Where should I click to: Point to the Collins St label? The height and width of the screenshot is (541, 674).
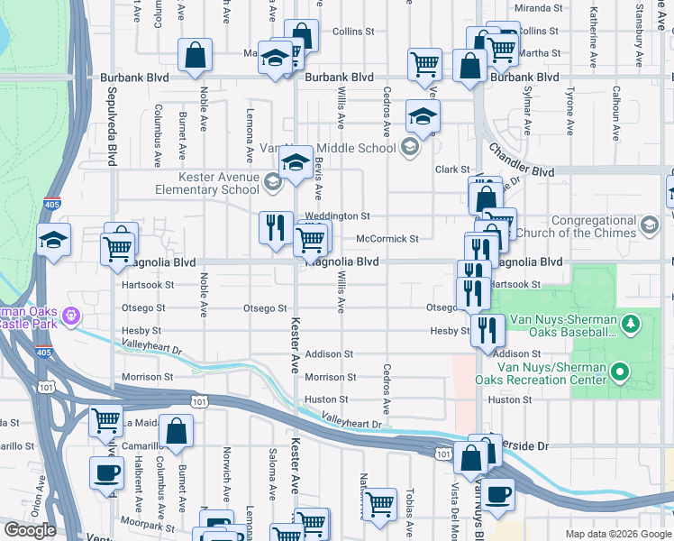(353, 32)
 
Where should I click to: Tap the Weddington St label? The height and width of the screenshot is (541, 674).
(337, 216)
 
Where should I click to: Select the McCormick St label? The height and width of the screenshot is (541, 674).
(387, 239)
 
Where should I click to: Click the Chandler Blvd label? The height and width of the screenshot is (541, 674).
(522, 160)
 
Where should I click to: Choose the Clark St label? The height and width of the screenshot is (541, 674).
(452, 170)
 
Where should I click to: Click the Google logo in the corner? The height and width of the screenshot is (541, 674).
(30, 530)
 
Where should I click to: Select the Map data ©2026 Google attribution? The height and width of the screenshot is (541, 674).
(617, 534)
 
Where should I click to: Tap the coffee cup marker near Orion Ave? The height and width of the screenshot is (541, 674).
(106, 473)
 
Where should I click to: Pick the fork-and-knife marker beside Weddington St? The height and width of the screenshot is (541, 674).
(276, 227)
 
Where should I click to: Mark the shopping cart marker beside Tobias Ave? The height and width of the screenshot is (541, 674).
(379, 505)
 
